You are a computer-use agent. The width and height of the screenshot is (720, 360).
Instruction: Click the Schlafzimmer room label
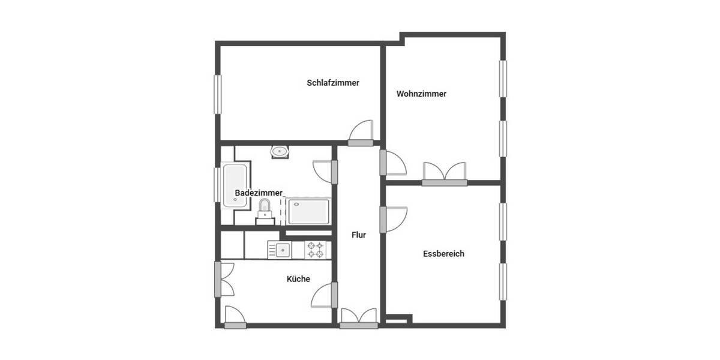tap(333, 83)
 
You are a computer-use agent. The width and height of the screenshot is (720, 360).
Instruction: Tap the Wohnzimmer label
tap(421, 94)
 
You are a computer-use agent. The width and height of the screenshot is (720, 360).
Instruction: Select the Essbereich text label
tap(443, 254)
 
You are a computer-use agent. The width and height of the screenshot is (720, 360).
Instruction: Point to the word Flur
tap(359, 235)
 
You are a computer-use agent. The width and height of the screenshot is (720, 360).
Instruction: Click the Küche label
tap(298, 278)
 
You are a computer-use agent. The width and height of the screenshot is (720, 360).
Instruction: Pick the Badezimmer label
tap(258, 193)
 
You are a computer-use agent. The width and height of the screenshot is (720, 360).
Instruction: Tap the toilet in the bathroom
tap(265, 210)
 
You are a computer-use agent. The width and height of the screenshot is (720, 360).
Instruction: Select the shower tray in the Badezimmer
tap(308, 212)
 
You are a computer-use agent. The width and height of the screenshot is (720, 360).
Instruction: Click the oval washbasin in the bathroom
tap(280, 151)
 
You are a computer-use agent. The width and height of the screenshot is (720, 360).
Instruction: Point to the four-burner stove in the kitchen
tap(316, 250)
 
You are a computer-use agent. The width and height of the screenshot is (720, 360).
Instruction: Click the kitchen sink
tap(279, 250)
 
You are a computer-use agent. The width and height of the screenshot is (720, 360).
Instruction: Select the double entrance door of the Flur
tap(359, 318)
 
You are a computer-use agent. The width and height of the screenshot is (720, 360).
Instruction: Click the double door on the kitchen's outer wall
tap(225, 279)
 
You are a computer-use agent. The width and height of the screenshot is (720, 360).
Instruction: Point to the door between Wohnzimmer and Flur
tap(392, 163)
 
